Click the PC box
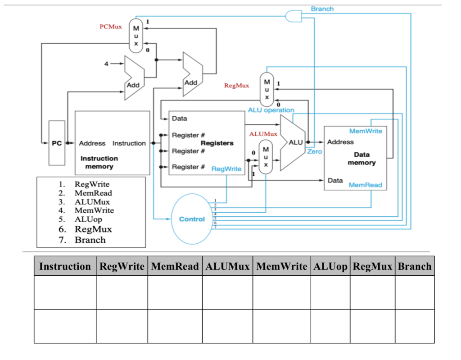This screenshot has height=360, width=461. (x=56, y=143)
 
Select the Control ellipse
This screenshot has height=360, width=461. (x=191, y=219)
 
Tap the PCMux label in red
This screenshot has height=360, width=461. (x=110, y=27)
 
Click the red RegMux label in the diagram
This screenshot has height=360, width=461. (x=236, y=85)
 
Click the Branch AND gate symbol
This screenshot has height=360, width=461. (x=293, y=16)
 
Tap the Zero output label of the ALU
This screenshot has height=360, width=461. (x=314, y=151)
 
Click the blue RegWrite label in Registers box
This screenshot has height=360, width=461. (x=226, y=169)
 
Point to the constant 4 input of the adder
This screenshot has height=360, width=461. (x=106, y=64)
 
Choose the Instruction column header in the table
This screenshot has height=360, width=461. (x=65, y=266)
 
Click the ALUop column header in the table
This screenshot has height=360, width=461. (x=330, y=266)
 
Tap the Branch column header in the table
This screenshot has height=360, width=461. (x=414, y=266)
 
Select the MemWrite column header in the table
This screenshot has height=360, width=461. (x=281, y=266)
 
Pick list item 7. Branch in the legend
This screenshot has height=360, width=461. (x=86, y=240)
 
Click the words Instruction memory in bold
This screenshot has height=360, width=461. (x=99, y=162)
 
